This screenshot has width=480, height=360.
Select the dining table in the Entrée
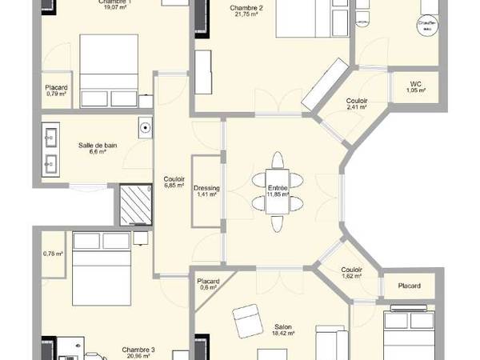click(x=276, y=192)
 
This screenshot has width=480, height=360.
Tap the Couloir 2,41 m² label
click(x=357, y=104)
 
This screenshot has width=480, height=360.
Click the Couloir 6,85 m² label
click(x=174, y=182)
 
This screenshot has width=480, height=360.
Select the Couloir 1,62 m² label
click(x=351, y=274)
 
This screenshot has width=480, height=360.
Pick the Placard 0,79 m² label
click(x=56, y=90)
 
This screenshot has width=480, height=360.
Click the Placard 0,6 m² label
click(x=209, y=285)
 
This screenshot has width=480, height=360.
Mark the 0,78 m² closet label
click(x=53, y=254)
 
